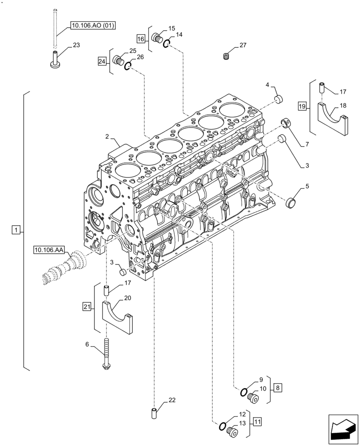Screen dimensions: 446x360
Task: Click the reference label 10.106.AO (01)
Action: tap(92, 26)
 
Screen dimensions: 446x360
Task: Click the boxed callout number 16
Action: tap(141, 39)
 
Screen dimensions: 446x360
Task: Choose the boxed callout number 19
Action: tap(303, 106)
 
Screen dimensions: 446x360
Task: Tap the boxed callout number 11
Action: tap(258, 421)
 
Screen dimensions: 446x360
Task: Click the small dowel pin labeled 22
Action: tap(154, 413)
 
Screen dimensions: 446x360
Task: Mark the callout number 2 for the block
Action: tap(107, 136)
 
